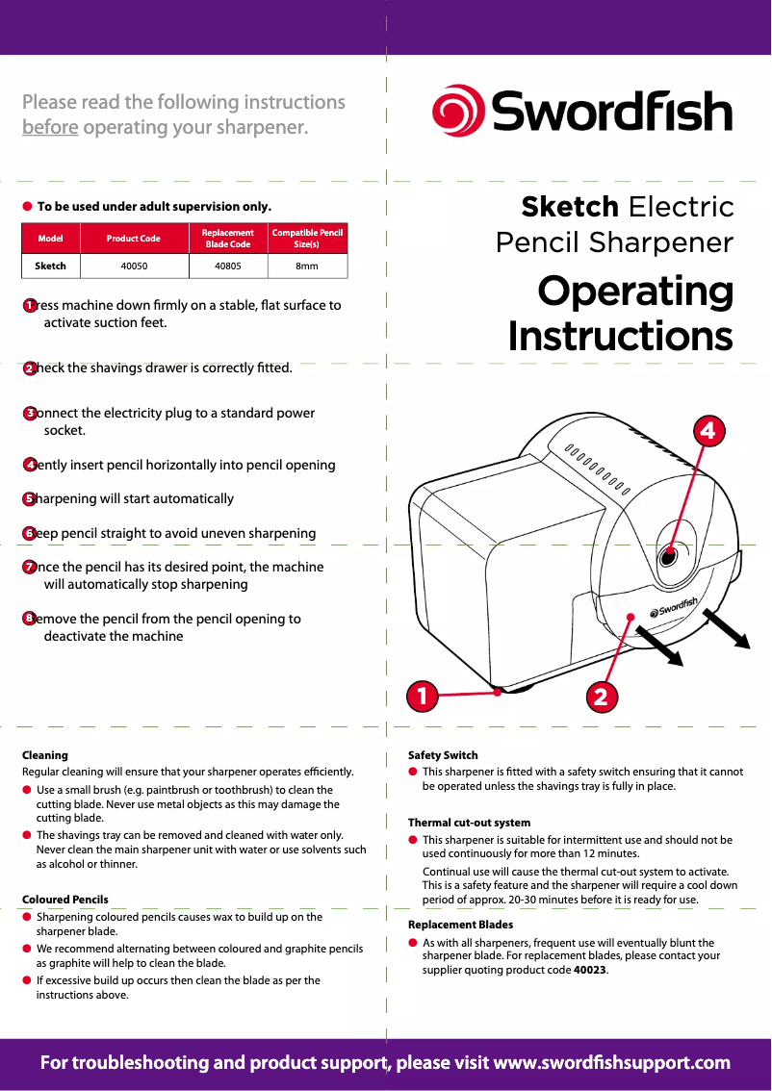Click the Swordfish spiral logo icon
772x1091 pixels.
pos(458,112)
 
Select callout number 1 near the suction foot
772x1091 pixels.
pos(421,694)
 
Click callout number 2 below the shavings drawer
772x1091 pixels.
pos(601,696)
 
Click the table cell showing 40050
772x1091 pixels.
pos(133,266)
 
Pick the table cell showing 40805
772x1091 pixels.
pos(227,266)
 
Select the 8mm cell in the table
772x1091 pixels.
pos(306,266)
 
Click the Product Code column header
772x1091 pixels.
pos(133,238)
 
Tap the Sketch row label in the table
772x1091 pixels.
pos(50,266)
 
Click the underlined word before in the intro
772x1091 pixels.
pos(50,127)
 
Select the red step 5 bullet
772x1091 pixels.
pos(30,498)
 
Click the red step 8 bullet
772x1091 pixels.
pos(30,619)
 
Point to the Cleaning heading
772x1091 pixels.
pos(45,755)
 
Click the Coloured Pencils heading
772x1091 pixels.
pos(65,900)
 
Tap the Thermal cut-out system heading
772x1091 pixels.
pos(469,823)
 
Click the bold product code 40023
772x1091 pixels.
pos(590,970)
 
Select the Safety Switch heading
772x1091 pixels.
pos(443,755)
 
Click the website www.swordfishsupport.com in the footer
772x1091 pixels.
pos(611,1063)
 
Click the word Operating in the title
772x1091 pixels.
pos(635,292)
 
